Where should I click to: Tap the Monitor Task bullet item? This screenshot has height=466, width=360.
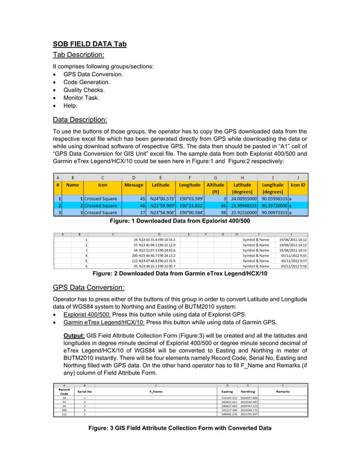[x=82, y=98]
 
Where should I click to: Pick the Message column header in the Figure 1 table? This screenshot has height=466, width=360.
[x=134, y=184]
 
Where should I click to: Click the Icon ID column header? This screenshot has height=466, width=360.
[x=297, y=184]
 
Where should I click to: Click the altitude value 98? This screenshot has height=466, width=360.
[x=223, y=213]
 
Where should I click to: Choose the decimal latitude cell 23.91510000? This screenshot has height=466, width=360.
[x=243, y=213]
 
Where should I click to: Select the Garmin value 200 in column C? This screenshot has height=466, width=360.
[x=135, y=256]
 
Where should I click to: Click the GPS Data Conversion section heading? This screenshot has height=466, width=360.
[x=89, y=287]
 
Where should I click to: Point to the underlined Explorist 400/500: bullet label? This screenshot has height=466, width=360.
[x=87, y=314]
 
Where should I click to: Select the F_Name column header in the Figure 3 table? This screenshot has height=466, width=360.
[x=156, y=391]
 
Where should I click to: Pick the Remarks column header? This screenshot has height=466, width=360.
[x=283, y=391]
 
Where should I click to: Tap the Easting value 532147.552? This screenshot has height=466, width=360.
[x=228, y=398]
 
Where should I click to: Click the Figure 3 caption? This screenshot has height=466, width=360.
[x=180, y=428]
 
